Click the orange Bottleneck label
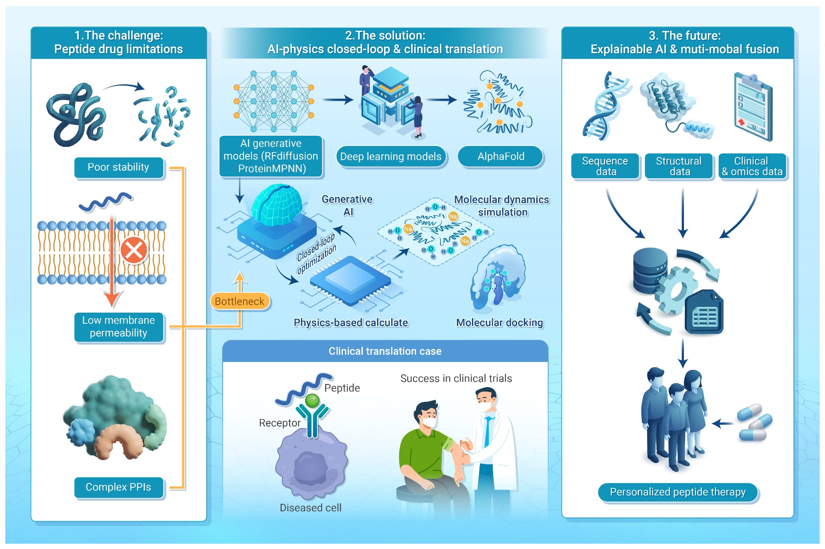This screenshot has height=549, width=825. point(240,302)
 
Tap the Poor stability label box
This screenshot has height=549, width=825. point(119,168)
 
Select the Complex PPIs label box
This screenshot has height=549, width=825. point(119,487)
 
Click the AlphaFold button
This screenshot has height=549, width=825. point(500,157)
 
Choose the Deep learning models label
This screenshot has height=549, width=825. point(391,157)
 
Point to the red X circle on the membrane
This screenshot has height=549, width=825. point(134,250)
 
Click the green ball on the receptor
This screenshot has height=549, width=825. point(313,400)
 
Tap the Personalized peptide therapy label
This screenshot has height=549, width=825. point(678,492)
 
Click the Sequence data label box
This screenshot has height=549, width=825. point(605,166)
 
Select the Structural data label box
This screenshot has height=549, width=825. point(679,166)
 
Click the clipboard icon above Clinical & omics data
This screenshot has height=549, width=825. point(753,106)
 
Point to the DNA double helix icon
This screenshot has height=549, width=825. point(606,106)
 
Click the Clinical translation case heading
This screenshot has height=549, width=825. point(385,351)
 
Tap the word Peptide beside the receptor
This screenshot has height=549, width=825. point(342,388)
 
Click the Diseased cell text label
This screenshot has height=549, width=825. point(310,508)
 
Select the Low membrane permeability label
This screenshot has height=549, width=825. point(119,327)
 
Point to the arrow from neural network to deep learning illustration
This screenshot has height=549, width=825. point(338,100)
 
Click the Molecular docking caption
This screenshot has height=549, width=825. point(499,323)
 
